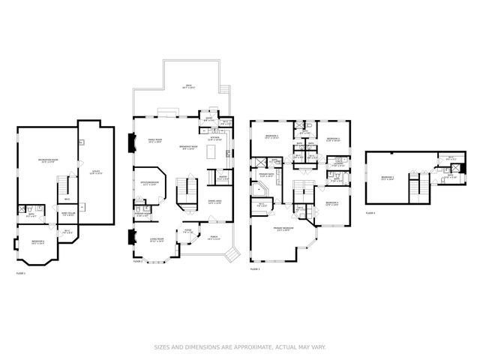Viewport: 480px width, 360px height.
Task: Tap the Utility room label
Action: click(96, 172)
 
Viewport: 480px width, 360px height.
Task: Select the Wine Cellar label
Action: click(67, 215)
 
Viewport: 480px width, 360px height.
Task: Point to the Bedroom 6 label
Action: click(38, 242)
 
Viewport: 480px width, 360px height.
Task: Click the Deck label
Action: click(188, 87)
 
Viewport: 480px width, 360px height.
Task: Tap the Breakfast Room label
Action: click(189, 147)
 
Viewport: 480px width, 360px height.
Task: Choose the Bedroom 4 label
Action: click(335, 204)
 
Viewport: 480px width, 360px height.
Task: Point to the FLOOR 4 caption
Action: click(370, 213)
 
